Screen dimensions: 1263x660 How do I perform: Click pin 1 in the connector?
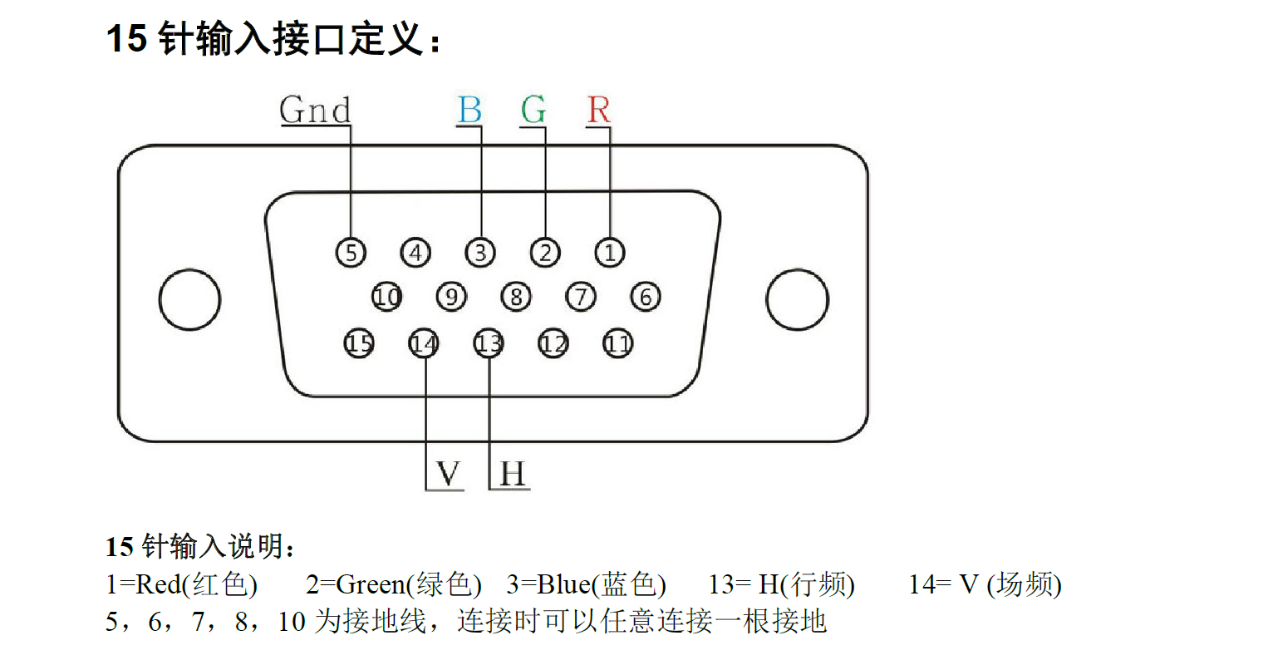tap(610, 252)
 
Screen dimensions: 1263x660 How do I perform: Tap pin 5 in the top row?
tap(351, 252)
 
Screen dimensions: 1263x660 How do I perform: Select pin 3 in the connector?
tap(480, 252)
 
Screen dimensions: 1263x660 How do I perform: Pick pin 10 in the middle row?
tap(387, 297)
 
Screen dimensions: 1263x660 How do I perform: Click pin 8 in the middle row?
tap(516, 297)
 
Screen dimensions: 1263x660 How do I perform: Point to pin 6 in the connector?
tap(646, 297)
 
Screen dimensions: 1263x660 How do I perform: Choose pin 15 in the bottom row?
tap(359, 343)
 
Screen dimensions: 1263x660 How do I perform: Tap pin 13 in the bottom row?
tap(489, 343)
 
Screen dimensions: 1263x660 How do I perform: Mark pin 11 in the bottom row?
tap(618, 343)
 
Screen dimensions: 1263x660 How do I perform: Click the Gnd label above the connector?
tap(315, 110)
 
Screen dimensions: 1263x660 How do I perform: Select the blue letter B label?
tap(469, 110)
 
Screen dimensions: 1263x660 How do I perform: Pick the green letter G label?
tap(533, 110)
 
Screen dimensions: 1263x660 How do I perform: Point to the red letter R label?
tap(599, 110)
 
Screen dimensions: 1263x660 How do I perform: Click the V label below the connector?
tap(448, 473)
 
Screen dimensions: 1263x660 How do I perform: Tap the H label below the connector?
tap(513, 473)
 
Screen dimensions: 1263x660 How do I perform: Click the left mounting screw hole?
tap(190, 299)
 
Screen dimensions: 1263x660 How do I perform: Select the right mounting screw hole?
tap(798, 299)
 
